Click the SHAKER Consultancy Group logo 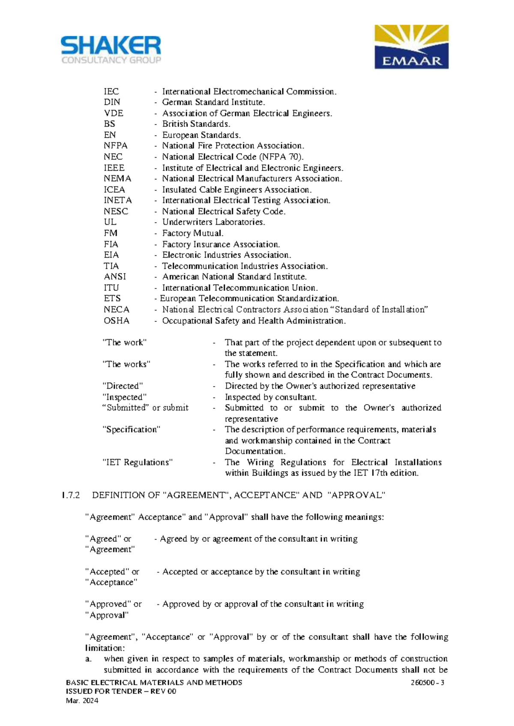pos(111,50)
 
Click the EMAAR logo pos(411,47)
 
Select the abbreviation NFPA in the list pos(115,146)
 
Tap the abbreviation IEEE pos(114,168)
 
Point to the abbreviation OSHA pos(116,321)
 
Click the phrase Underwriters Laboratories pos(213,222)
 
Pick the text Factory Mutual pos(193,233)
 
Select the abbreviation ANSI pos(115,277)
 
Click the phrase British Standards pos(196,124)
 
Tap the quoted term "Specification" pos(131,429)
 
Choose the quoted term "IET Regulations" pos(137,462)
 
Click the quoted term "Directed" pos(123,386)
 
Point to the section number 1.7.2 pos(71,495)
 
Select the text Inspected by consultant pos(271,397)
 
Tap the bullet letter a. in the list pos(88,659)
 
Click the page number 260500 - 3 pos(427,682)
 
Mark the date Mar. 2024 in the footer pos(82,701)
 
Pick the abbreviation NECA pos(116,309)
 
